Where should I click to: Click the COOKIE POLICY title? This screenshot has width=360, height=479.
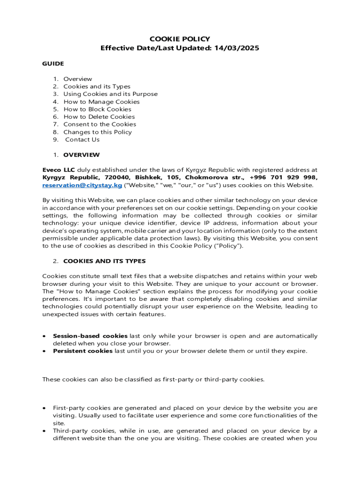coord(180,39)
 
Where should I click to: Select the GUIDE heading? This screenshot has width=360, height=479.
coord(53,64)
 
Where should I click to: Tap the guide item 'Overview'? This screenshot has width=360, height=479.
coord(78,79)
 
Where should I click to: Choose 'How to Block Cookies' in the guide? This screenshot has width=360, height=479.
coord(97,109)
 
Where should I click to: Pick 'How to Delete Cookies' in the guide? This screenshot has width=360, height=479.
coord(99,116)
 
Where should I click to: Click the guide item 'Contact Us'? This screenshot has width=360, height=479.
coord(82,139)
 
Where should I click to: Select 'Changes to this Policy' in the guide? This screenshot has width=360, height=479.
coord(97,132)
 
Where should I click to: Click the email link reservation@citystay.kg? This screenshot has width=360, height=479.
coord(82,185)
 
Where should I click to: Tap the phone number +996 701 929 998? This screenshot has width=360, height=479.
coord(288,178)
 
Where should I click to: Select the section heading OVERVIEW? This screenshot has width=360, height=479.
coord(81,155)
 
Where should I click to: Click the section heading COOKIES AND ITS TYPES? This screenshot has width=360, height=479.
coord(104,261)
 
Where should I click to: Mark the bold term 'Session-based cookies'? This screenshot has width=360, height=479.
coord(90,336)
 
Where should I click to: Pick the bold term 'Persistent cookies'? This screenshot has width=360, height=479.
coord(83,351)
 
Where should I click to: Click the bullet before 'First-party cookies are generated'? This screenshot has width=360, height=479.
coord(44,408)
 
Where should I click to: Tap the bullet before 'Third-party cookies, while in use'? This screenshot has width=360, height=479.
coord(44,431)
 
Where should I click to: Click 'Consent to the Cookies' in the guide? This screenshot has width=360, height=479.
coord(100,124)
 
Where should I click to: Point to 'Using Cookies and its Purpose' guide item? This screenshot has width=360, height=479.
coord(110,94)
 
